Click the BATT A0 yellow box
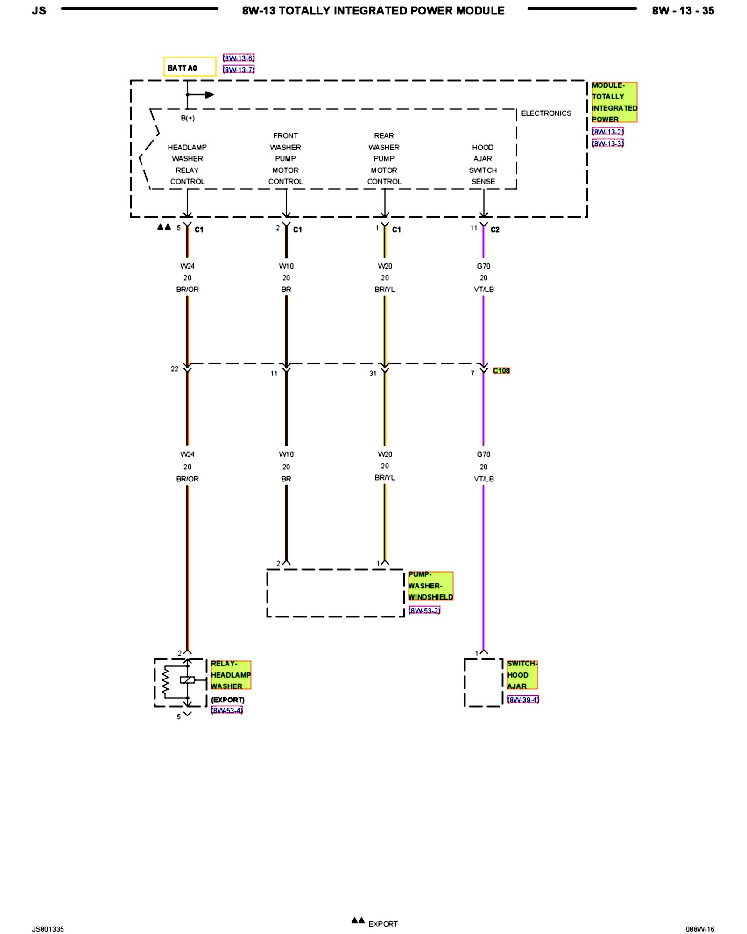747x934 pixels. [x=190, y=67]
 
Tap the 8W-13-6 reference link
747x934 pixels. [x=239, y=58]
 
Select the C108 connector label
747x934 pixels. [x=501, y=370]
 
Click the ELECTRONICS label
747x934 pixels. [x=546, y=113]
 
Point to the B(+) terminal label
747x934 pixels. [x=188, y=118]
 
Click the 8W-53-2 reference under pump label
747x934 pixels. [x=424, y=610]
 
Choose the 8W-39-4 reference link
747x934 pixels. [x=523, y=700]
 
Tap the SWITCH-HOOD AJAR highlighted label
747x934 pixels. [x=522, y=675]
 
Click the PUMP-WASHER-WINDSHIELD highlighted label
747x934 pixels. [x=430, y=586]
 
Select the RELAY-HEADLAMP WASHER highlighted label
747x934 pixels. [x=231, y=675]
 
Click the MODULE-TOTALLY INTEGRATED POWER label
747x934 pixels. [x=614, y=102]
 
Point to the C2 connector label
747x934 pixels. [x=495, y=230]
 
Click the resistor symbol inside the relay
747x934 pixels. [x=165, y=681]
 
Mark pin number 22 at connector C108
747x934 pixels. [x=175, y=369]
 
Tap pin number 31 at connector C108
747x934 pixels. [x=373, y=374]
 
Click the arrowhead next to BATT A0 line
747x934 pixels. [x=209, y=95]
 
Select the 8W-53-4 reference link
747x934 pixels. [x=227, y=710]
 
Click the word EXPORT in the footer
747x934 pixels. [x=383, y=924]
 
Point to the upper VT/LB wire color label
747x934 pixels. [x=484, y=290]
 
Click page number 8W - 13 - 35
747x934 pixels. [x=683, y=11]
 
